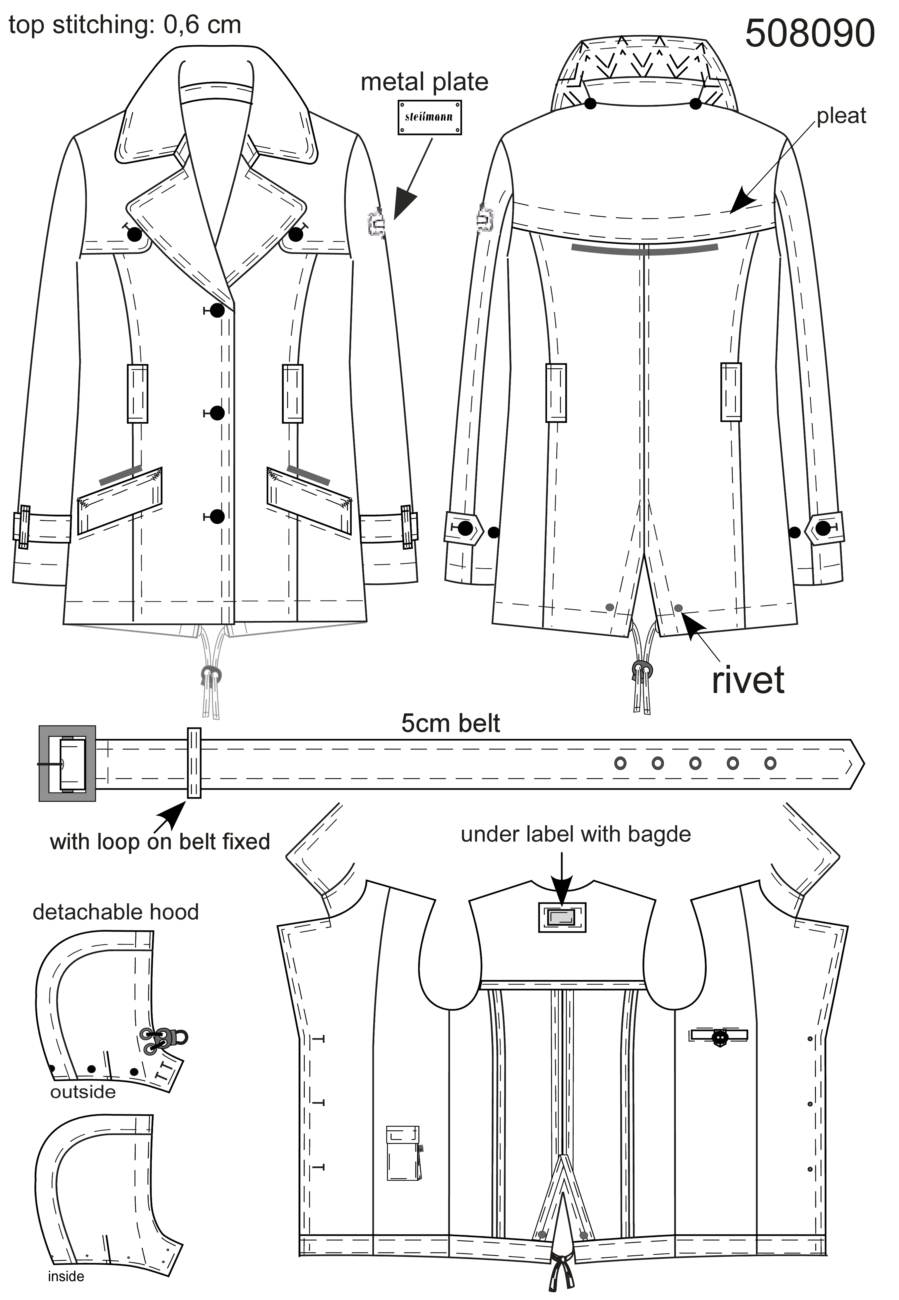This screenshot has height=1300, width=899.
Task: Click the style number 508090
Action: point(810,33)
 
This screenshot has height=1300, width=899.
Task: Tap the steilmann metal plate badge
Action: point(429,118)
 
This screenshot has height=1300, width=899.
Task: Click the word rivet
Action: point(748,679)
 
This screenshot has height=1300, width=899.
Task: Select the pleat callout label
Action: point(841,117)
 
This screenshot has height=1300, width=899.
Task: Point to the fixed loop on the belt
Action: point(194,763)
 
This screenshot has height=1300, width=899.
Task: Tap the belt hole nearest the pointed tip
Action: point(770,763)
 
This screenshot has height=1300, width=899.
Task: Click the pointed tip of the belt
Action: point(864,763)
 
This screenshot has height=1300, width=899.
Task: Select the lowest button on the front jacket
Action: point(217,517)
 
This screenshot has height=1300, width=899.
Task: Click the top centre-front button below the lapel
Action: point(217,310)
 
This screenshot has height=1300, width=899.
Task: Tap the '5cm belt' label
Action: point(450,723)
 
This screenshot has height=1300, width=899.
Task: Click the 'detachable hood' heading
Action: point(115,912)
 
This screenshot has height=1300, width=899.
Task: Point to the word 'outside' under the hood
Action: point(83,1092)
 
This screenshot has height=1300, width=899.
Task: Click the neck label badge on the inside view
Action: point(562,918)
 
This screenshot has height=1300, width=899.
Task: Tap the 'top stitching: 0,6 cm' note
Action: point(124,25)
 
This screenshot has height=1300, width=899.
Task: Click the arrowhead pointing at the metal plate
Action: point(406,204)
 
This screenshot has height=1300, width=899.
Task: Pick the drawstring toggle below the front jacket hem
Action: point(211,674)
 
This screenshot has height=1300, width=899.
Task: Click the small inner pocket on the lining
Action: point(404,1154)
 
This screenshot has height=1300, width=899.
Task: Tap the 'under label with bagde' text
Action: point(576,835)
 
